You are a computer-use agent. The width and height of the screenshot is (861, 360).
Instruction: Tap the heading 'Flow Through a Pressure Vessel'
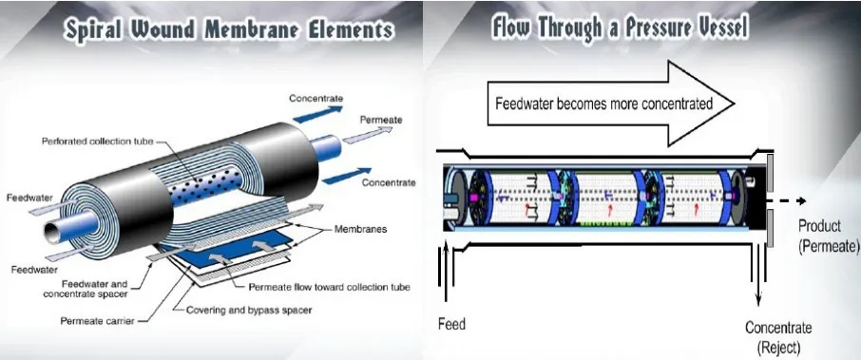tap(619, 28)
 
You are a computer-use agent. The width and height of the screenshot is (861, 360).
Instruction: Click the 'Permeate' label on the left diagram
tap(381, 120)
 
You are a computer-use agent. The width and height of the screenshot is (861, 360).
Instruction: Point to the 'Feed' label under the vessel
tap(451, 324)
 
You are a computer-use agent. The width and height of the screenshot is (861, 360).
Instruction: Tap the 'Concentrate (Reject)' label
tap(779, 336)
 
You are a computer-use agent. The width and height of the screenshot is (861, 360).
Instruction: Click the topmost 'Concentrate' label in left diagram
tap(316, 98)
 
